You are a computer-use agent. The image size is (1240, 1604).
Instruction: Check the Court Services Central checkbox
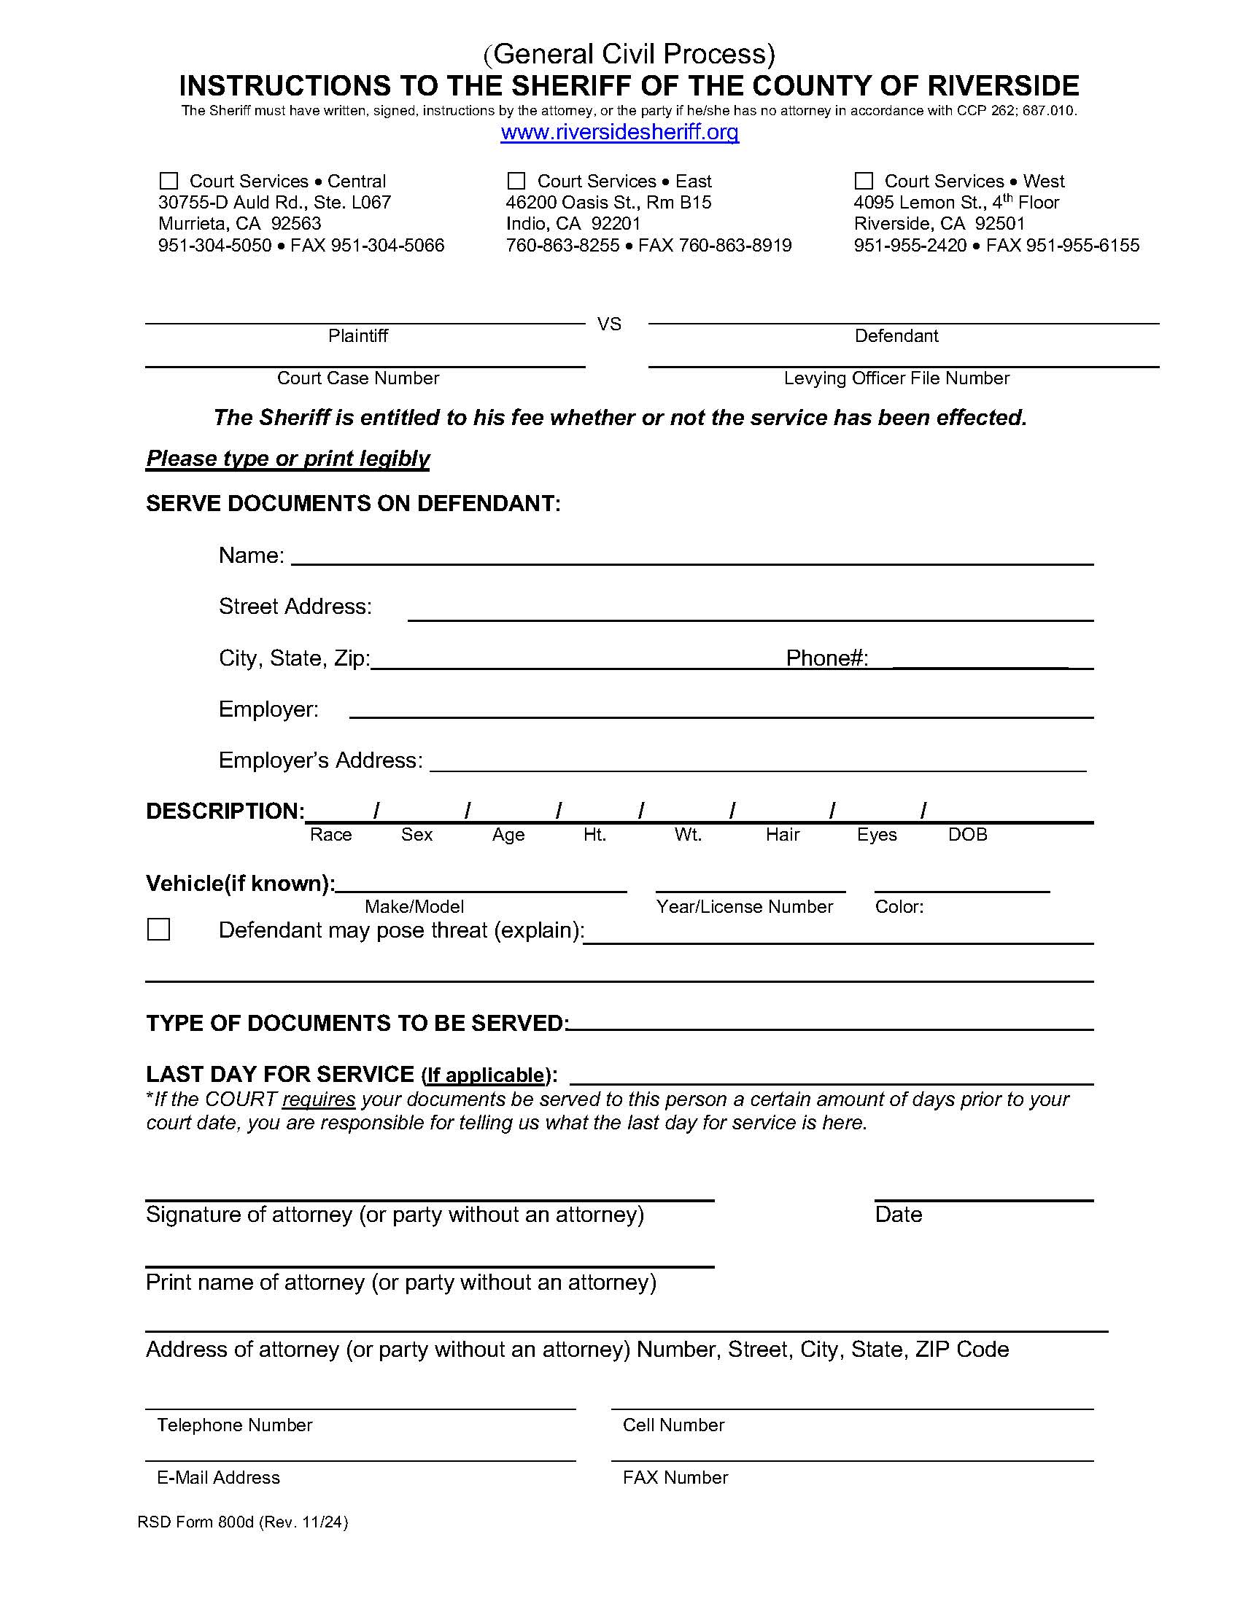[x=169, y=181]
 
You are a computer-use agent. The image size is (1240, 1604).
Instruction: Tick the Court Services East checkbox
[x=516, y=181]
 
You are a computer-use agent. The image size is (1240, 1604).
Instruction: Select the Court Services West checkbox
[x=864, y=181]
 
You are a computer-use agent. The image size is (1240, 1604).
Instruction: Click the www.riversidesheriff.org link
[x=619, y=132]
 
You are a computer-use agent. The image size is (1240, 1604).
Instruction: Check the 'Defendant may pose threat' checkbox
[x=159, y=930]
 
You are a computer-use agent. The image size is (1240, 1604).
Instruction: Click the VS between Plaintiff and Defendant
[x=609, y=324]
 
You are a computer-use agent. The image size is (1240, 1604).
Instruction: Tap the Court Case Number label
[x=357, y=378]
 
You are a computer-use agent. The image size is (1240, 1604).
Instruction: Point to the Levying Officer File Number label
[x=896, y=378]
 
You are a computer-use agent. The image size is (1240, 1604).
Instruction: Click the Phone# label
[x=827, y=658]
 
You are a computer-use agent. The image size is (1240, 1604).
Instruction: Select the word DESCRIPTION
[x=225, y=811]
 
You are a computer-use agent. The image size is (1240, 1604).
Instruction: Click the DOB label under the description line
[x=967, y=835]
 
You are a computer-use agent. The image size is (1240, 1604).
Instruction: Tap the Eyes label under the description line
[x=876, y=835]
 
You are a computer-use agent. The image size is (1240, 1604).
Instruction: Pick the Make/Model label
[x=414, y=907]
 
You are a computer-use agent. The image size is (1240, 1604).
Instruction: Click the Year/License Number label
[x=744, y=907]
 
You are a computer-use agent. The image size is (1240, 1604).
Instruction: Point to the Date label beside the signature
[x=898, y=1215]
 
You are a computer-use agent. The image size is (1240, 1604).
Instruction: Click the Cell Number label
[x=674, y=1425]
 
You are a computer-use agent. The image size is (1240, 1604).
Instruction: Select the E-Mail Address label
[x=218, y=1478]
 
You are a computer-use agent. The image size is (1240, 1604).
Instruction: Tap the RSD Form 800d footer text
[x=242, y=1522]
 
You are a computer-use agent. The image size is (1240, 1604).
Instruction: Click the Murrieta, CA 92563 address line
[x=239, y=223]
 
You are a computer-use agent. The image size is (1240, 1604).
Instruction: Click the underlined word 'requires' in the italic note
[x=319, y=1099]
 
